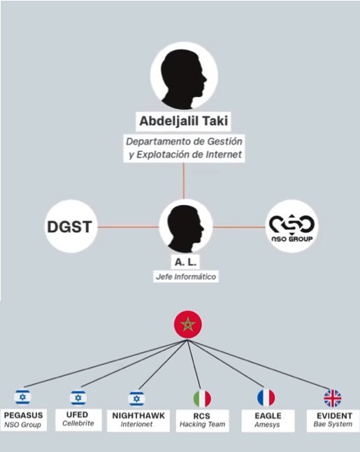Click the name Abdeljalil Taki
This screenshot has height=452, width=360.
tap(183, 121)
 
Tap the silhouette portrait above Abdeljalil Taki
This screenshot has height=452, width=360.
tap(184, 76)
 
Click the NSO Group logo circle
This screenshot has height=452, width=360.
tap(291, 226)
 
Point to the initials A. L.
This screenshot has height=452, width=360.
tap(185, 262)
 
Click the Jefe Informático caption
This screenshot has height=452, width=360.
tap(186, 277)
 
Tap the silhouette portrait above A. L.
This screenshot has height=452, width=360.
tap(186, 226)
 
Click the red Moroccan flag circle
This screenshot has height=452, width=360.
tap(188, 325)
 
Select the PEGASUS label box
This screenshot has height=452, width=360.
tap(23, 420)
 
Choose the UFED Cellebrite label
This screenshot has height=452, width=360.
tap(78, 419)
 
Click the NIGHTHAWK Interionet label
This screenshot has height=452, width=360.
tap(138, 421)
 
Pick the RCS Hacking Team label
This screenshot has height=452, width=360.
tap(202, 421)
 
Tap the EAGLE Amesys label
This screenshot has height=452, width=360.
tap(268, 421)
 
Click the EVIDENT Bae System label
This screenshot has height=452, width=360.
tap(333, 421)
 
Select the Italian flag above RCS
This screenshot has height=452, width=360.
tap(202, 398)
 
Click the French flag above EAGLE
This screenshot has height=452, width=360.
tap(266, 398)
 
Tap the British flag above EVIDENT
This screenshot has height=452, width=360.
tap(333, 398)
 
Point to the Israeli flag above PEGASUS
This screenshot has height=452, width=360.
tap(23, 397)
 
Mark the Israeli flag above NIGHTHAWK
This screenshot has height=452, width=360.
tap(137, 399)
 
